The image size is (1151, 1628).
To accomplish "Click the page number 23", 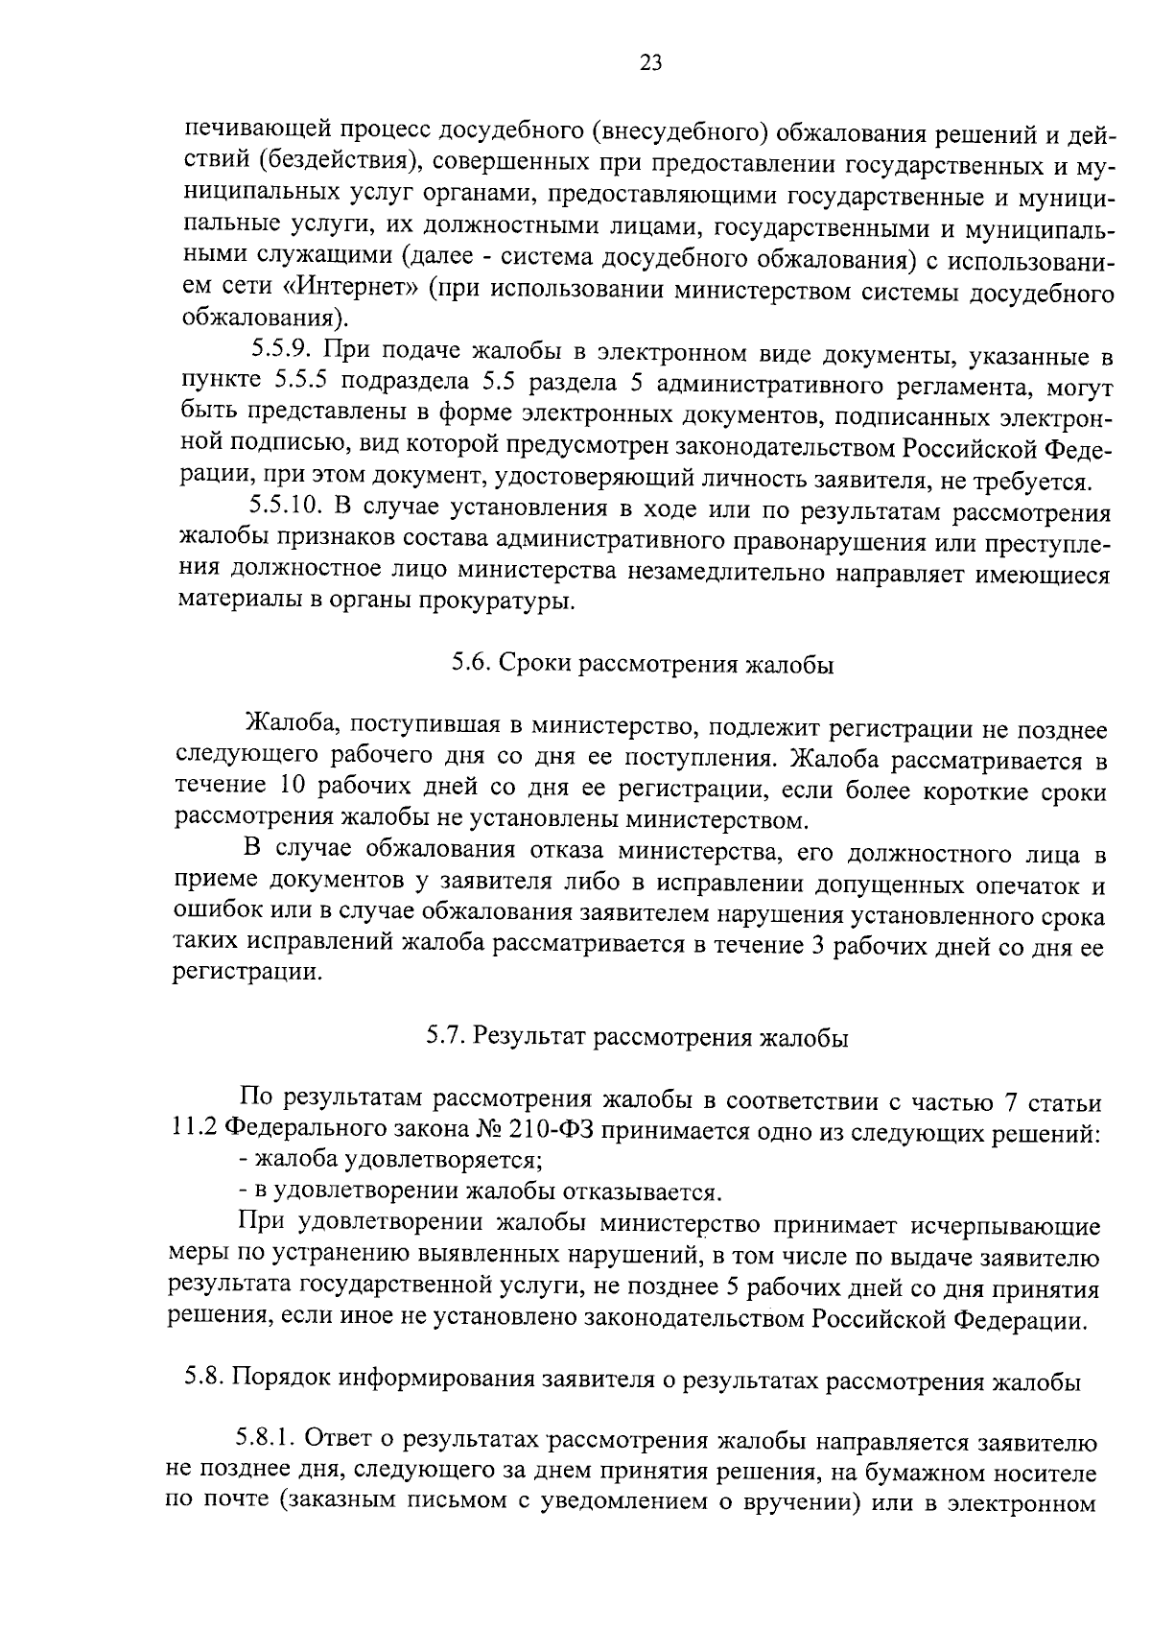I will pyautogui.click(x=649, y=64).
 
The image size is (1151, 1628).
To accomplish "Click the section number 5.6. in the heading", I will pyautogui.click(x=472, y=665).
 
